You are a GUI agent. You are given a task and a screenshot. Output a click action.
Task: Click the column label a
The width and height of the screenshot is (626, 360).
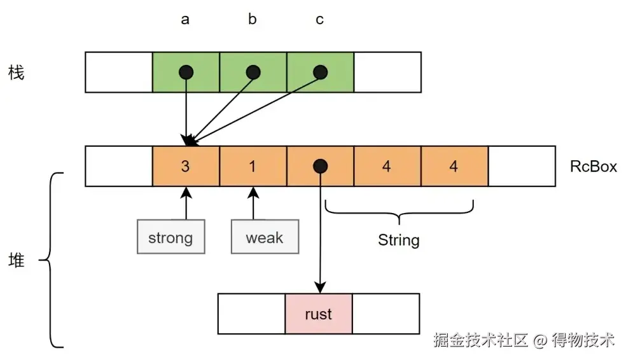(x=185, y=20)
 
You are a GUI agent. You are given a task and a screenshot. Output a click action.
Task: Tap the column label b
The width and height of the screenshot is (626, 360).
(x=253, y=20)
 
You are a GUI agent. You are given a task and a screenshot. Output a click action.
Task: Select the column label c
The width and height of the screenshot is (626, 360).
(x=319, y=20)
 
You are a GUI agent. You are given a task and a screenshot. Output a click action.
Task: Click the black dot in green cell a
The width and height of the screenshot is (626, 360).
(x=185, y=72)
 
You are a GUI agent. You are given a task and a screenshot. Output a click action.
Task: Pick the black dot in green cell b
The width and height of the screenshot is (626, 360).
(x=253, y=72)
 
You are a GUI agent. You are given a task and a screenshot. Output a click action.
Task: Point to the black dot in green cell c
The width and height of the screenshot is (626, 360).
(x=321, y=72)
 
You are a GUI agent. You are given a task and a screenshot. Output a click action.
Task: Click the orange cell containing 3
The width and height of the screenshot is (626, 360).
(x=186, y=167)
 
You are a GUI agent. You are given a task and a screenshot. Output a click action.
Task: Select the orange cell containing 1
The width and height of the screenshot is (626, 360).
(x=253, y=167)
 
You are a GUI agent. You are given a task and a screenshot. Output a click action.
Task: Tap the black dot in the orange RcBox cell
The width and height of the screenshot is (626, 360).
(x=320, y=167)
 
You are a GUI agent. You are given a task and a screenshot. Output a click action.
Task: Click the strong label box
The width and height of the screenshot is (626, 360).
(x=170, y=238)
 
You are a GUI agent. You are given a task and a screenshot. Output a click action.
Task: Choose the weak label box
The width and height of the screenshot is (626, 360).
(x=264, y=238)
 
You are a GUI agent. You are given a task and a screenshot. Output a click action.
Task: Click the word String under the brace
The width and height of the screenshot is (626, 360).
(x=399, y=240)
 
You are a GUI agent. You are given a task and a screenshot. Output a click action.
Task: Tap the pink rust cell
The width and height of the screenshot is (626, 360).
(x=319, y=314)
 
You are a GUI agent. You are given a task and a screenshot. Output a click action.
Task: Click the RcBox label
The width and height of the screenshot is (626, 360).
(x=594, y=167)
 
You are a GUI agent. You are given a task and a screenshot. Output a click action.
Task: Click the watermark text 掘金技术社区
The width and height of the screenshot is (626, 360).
(x=481, y=340)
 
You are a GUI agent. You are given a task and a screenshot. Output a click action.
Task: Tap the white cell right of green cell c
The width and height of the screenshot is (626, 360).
(x=387, y=73)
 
